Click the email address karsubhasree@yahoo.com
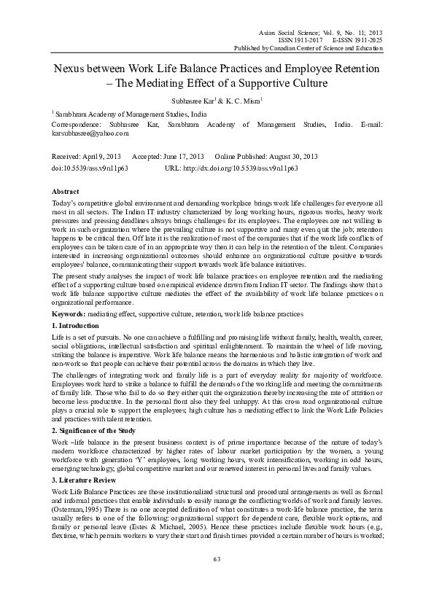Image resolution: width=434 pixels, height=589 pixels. click(x=90, y=134)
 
